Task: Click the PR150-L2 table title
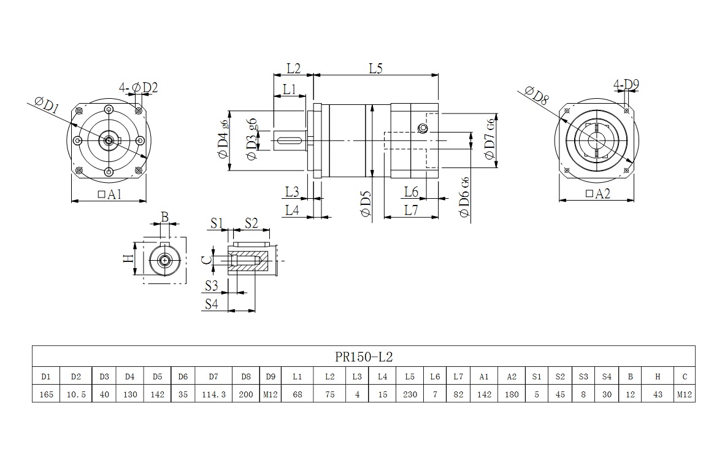point(363,356)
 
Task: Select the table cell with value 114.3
point(213,394)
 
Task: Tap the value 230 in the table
point(410,394)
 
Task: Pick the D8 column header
point(246,376)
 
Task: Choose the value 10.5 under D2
point(76,394)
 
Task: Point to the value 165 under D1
point(46,394)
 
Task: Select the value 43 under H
point(658,394)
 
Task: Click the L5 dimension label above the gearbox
point(375,69)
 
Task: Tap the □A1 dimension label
point(109,194)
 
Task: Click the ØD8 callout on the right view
point(535,96)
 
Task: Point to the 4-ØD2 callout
point(140,88)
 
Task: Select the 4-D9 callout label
point(626,83)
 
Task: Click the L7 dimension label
point(411,210)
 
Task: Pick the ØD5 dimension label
point(366,203)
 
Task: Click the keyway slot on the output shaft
point(291,142)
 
